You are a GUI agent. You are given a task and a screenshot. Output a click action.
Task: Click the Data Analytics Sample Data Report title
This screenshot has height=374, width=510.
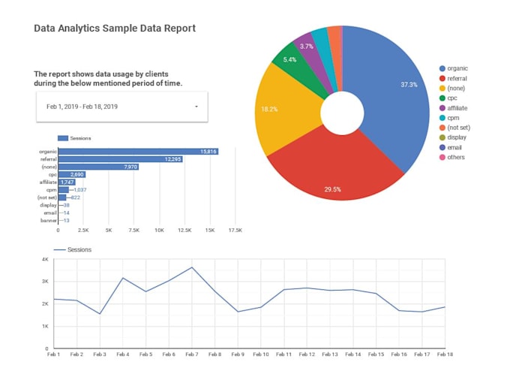tap(115, 29)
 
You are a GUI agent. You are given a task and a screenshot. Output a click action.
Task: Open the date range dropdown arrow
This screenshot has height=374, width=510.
tap(196, 107)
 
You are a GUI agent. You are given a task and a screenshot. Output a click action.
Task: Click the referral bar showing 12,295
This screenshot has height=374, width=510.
tap(121, 159)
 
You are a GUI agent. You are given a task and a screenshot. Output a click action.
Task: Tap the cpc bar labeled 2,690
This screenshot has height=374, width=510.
tap(72, 174)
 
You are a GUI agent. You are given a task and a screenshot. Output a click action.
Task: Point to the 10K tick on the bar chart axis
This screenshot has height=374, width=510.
tap(159, 230)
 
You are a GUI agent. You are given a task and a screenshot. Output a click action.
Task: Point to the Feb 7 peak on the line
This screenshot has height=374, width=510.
tap(192, 267)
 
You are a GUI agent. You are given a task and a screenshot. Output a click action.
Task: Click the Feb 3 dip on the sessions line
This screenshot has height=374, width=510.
tap(100, 313)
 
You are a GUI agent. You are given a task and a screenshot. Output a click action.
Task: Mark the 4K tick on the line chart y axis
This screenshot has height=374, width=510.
tap(46, 260)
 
